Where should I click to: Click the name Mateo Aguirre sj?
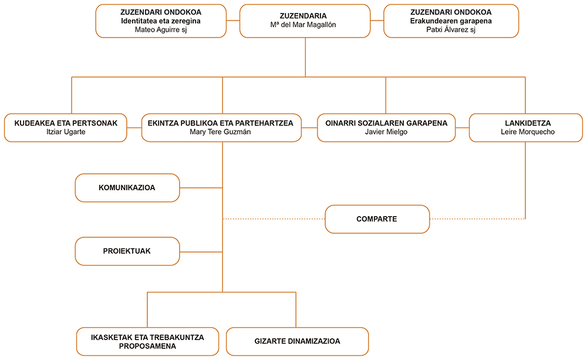161,29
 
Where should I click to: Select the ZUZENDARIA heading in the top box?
303,16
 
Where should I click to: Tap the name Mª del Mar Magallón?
303,25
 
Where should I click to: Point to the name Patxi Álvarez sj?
451,29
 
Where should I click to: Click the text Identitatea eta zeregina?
161,21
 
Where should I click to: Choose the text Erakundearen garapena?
451,21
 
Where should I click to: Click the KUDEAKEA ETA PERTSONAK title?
66,123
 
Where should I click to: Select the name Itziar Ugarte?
66,132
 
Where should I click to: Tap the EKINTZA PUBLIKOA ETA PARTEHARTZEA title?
221,123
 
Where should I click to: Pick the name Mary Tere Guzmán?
221,132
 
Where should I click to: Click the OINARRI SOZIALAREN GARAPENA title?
386,123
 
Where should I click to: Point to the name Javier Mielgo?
386,132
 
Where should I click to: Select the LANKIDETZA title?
528,123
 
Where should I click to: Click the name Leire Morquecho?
528,132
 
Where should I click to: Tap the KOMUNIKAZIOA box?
127,188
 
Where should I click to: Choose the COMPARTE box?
377,219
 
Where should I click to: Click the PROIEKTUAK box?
127,251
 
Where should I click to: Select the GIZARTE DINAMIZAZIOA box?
298,341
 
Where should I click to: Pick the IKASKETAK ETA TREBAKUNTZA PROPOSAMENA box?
147,341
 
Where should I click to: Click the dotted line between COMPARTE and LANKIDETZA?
478,219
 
